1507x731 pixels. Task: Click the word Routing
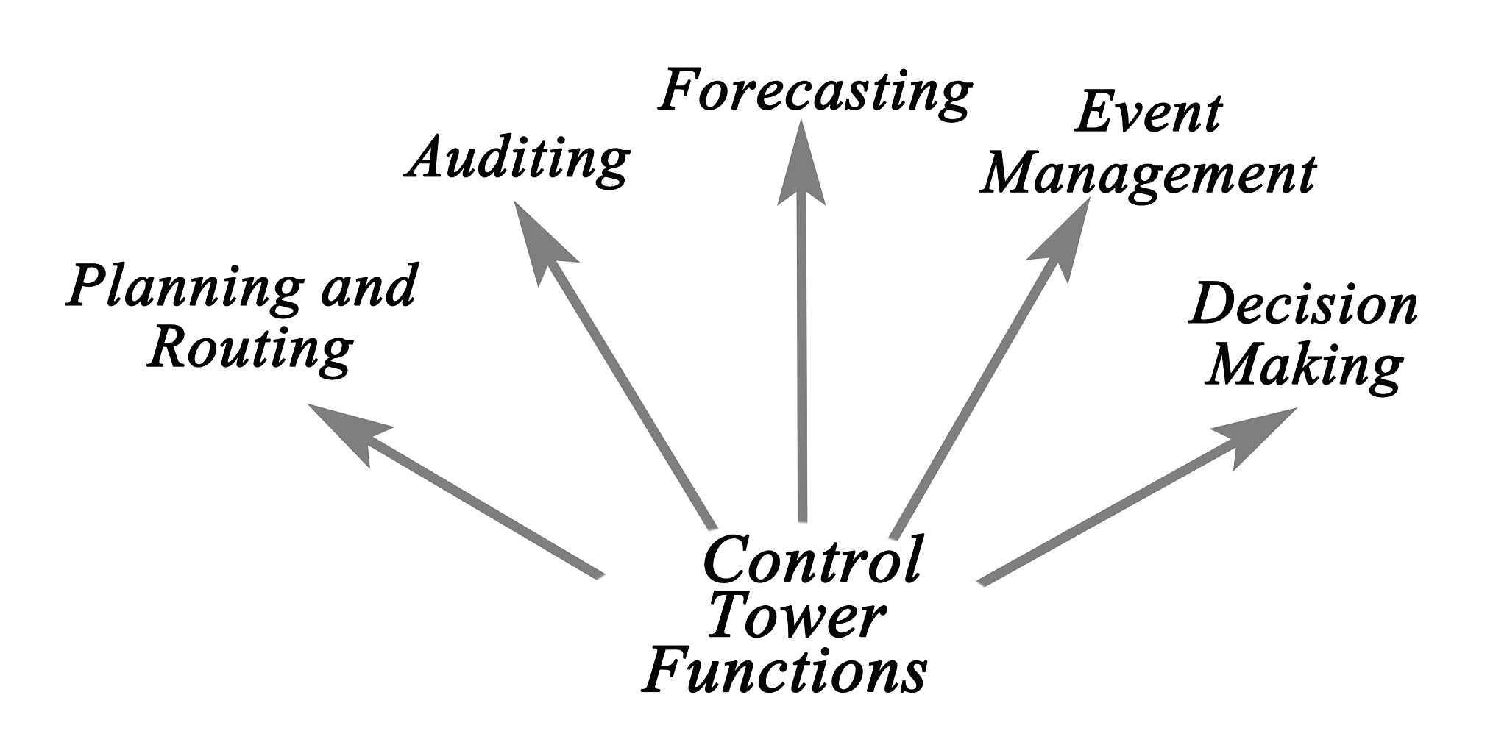(250, 349)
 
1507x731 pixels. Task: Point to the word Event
(1148, 114)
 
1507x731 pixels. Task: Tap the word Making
(1303, 365)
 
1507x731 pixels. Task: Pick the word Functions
(784, 670)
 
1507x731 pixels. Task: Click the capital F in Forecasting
(681, 91)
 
